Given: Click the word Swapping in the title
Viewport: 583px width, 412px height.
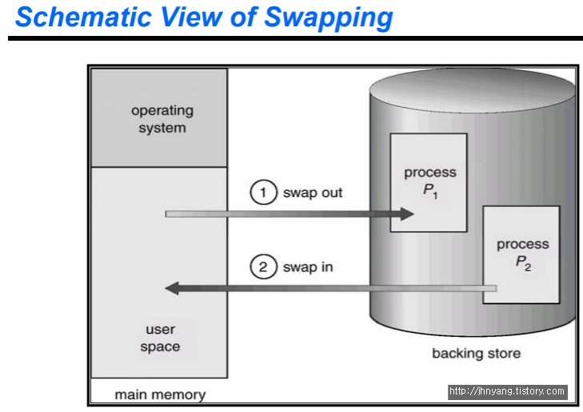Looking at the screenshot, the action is [329, 18].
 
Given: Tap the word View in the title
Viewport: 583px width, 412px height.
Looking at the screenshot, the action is [191, 17].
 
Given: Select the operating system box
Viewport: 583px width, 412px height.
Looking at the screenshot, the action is [159, 117].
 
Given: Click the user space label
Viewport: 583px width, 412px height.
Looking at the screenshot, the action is [160, 338].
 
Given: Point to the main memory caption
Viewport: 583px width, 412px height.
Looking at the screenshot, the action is [160, 394].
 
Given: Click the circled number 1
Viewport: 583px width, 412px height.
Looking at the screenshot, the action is [263, 192].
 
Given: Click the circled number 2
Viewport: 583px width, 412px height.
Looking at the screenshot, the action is [263, 267].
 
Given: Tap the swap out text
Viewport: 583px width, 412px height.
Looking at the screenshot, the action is [313, 193].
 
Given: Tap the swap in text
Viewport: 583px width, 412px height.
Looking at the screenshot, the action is [308, 267].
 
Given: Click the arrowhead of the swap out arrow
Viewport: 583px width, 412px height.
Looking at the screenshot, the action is [407, 214].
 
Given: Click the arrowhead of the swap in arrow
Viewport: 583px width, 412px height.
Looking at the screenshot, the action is [172, 288].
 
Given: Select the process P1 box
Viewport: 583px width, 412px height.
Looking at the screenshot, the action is [429, 183].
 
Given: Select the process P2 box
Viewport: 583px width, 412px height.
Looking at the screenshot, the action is [521, 255].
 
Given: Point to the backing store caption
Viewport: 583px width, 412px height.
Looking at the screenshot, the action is [477, 354].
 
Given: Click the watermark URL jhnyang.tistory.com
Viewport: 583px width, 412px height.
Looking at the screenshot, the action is [508, 391].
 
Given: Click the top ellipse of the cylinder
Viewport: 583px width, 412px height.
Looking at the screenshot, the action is [472, 90].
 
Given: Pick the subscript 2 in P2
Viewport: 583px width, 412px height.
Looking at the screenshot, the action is [528, 267].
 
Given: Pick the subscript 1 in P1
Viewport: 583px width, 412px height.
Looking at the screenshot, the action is [435, 196].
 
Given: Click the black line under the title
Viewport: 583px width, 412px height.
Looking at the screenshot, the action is [296, 38].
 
